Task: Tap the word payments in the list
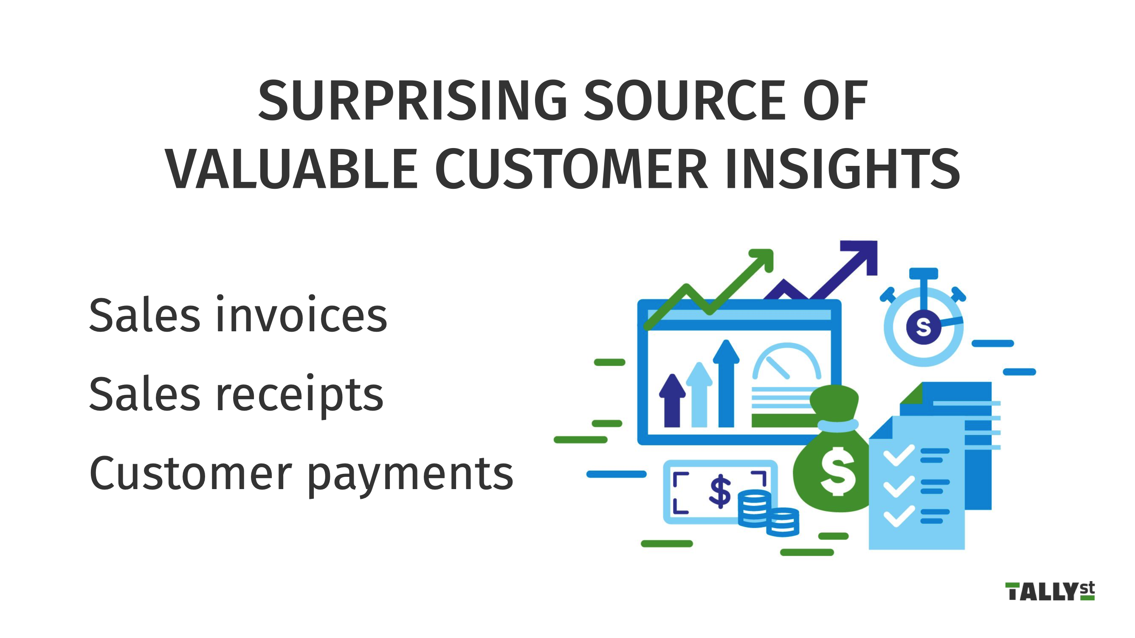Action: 410,475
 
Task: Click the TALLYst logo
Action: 1050,591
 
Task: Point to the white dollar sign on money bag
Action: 838,471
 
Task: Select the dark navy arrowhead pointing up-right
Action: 859,258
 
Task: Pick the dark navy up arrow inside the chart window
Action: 672,400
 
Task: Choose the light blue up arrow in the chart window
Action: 699,394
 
